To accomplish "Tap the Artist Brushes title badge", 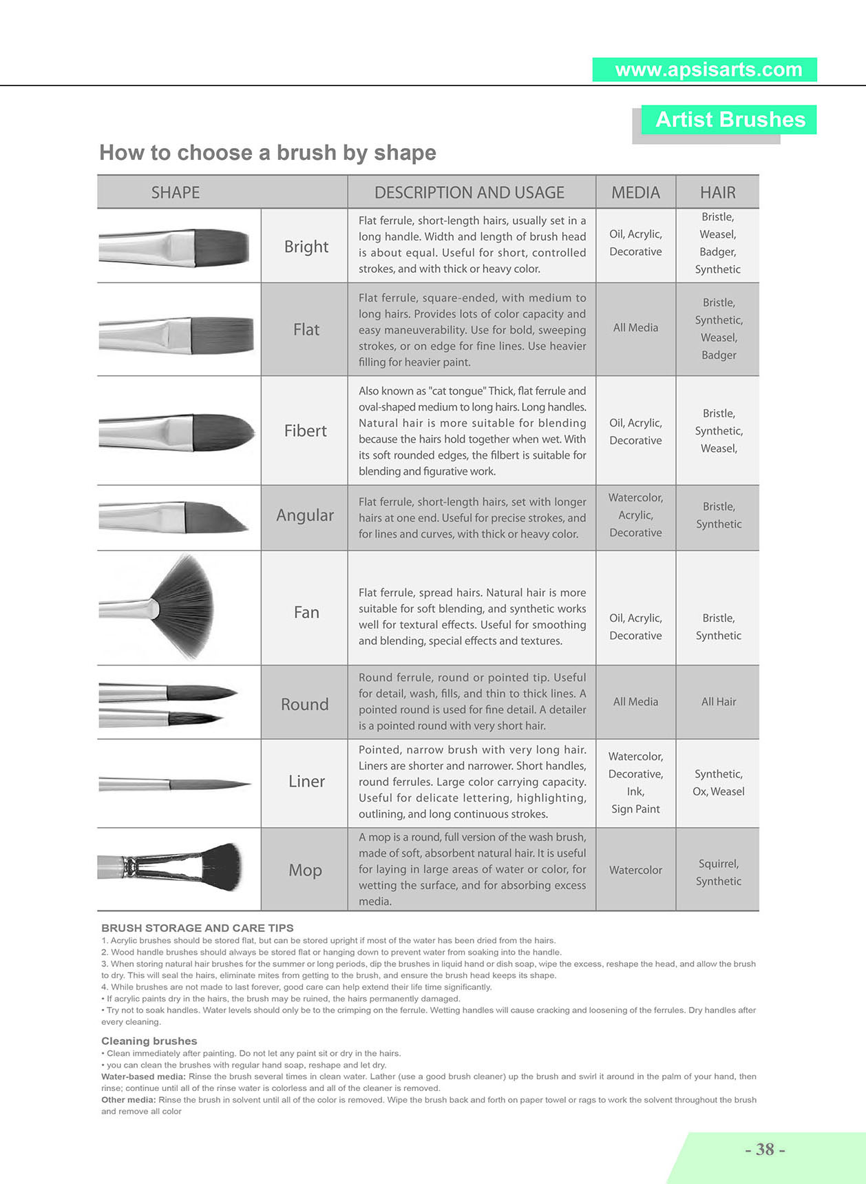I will click(x=729, y=120).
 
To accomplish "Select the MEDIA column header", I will click(x=635, y=193).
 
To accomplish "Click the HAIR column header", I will click(x=717, y=193).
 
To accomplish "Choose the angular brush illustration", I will click(x=173, y=517).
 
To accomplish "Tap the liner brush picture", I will click(x=175, y=784).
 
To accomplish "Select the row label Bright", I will click(x=306, y=247).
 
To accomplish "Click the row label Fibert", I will click(x=306, y=431).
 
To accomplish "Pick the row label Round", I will click(x=304, y=705).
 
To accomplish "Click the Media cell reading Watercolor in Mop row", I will click(x=635, y=870).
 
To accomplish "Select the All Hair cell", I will click(x=718, y=702).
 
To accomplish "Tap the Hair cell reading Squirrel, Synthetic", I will click(x=718, y=872).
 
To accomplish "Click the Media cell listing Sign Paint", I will click(x=635, y=782).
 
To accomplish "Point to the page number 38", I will click(x=765, y=1149).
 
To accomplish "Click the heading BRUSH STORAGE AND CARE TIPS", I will click(x=198, y=928).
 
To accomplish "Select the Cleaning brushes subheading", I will click(x=149, y=1041).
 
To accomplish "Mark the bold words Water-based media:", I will click(x=143, y=1077).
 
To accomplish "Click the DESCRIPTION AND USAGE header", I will click(x=469, y=193).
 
